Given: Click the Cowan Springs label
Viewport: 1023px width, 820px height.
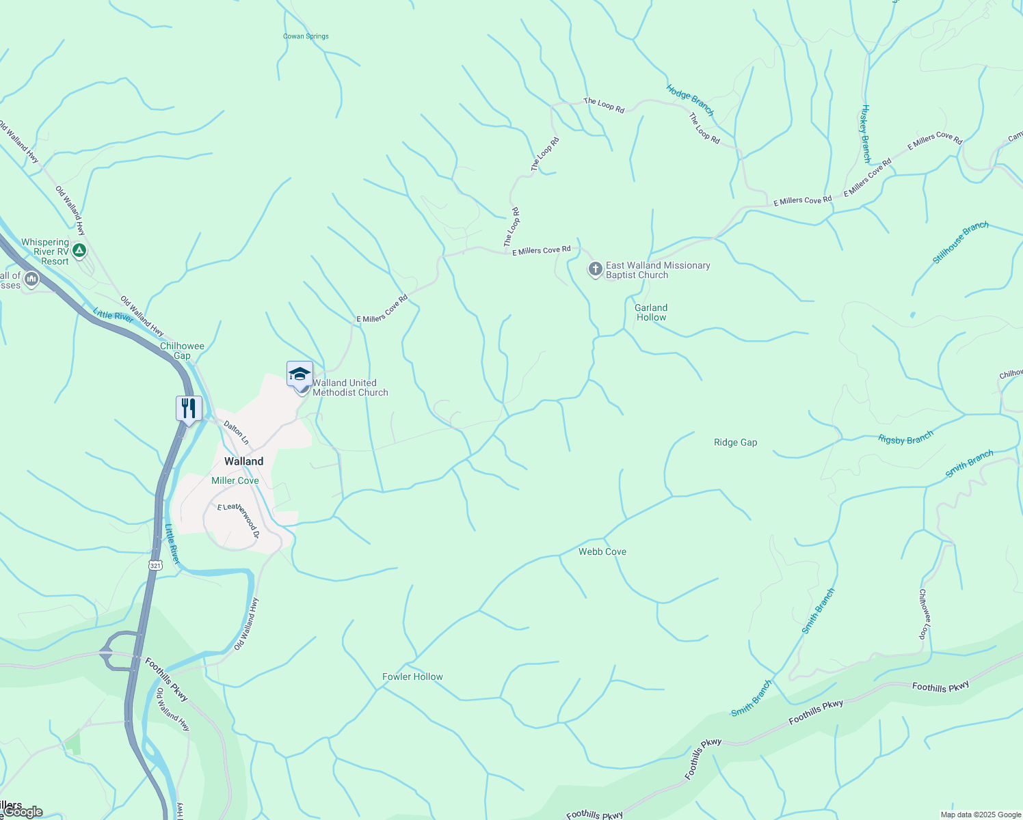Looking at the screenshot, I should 306,36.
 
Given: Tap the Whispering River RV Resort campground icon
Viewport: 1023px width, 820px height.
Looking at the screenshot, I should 79,251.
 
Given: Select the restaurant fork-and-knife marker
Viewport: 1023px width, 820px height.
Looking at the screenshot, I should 189,408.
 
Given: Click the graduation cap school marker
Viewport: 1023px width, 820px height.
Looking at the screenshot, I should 300,373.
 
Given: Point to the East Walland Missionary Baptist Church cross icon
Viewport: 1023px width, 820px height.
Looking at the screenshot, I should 595,269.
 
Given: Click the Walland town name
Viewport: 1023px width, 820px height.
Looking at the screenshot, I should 243,461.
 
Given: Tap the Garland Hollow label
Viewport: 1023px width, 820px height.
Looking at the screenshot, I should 651,312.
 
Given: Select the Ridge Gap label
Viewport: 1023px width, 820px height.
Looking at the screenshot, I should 735,442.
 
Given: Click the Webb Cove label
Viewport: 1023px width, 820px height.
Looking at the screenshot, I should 602,551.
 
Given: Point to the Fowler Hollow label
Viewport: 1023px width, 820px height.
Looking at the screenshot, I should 412,676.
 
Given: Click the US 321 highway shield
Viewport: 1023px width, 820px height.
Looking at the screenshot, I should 155,565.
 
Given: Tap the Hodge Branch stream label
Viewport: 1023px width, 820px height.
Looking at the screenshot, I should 690,100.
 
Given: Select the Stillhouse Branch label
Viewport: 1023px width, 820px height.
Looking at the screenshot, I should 960,243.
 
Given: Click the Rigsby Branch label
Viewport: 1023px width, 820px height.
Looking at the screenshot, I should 905,438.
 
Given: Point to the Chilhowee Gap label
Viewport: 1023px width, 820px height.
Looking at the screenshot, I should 182,351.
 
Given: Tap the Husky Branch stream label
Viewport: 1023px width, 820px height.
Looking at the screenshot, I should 866,133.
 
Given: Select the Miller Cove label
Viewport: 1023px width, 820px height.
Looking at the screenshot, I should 235,480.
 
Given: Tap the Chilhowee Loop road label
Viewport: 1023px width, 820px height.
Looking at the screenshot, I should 925,614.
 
